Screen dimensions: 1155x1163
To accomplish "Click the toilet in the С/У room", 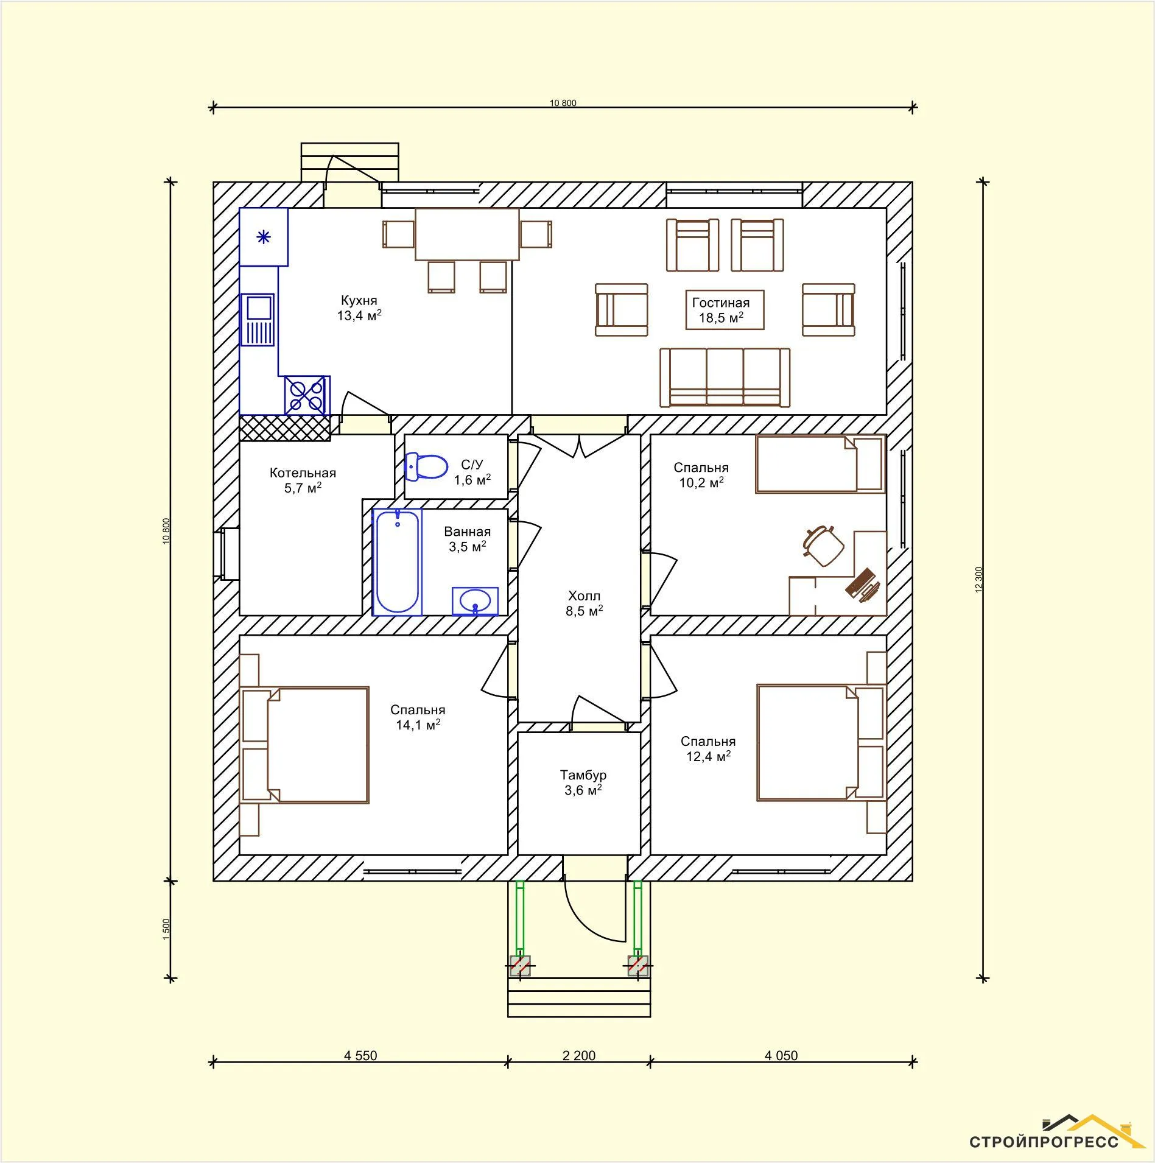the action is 426,466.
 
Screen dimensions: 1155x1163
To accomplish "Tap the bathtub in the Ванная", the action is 398,561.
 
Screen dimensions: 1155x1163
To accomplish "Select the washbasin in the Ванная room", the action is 475,602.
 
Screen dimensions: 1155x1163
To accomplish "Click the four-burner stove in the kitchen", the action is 307,395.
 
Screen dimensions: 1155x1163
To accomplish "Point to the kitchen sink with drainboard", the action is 258,320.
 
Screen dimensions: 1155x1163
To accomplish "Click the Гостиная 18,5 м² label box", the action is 725,310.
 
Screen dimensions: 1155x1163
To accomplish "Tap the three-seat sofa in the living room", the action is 725,378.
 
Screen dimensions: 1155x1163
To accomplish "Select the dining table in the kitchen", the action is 467,234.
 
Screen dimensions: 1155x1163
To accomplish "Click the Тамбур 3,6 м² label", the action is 583,782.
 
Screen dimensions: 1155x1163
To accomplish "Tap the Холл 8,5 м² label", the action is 584,603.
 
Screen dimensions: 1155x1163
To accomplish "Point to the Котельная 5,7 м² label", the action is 303,480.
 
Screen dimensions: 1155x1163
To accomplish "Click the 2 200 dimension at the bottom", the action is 579,1055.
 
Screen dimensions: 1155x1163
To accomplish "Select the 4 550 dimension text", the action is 360,1055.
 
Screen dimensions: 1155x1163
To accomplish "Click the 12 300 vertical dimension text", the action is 979,579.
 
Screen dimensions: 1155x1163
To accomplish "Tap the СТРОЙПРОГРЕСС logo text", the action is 1044,1141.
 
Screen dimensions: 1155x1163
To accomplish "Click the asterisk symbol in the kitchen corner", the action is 263,237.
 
